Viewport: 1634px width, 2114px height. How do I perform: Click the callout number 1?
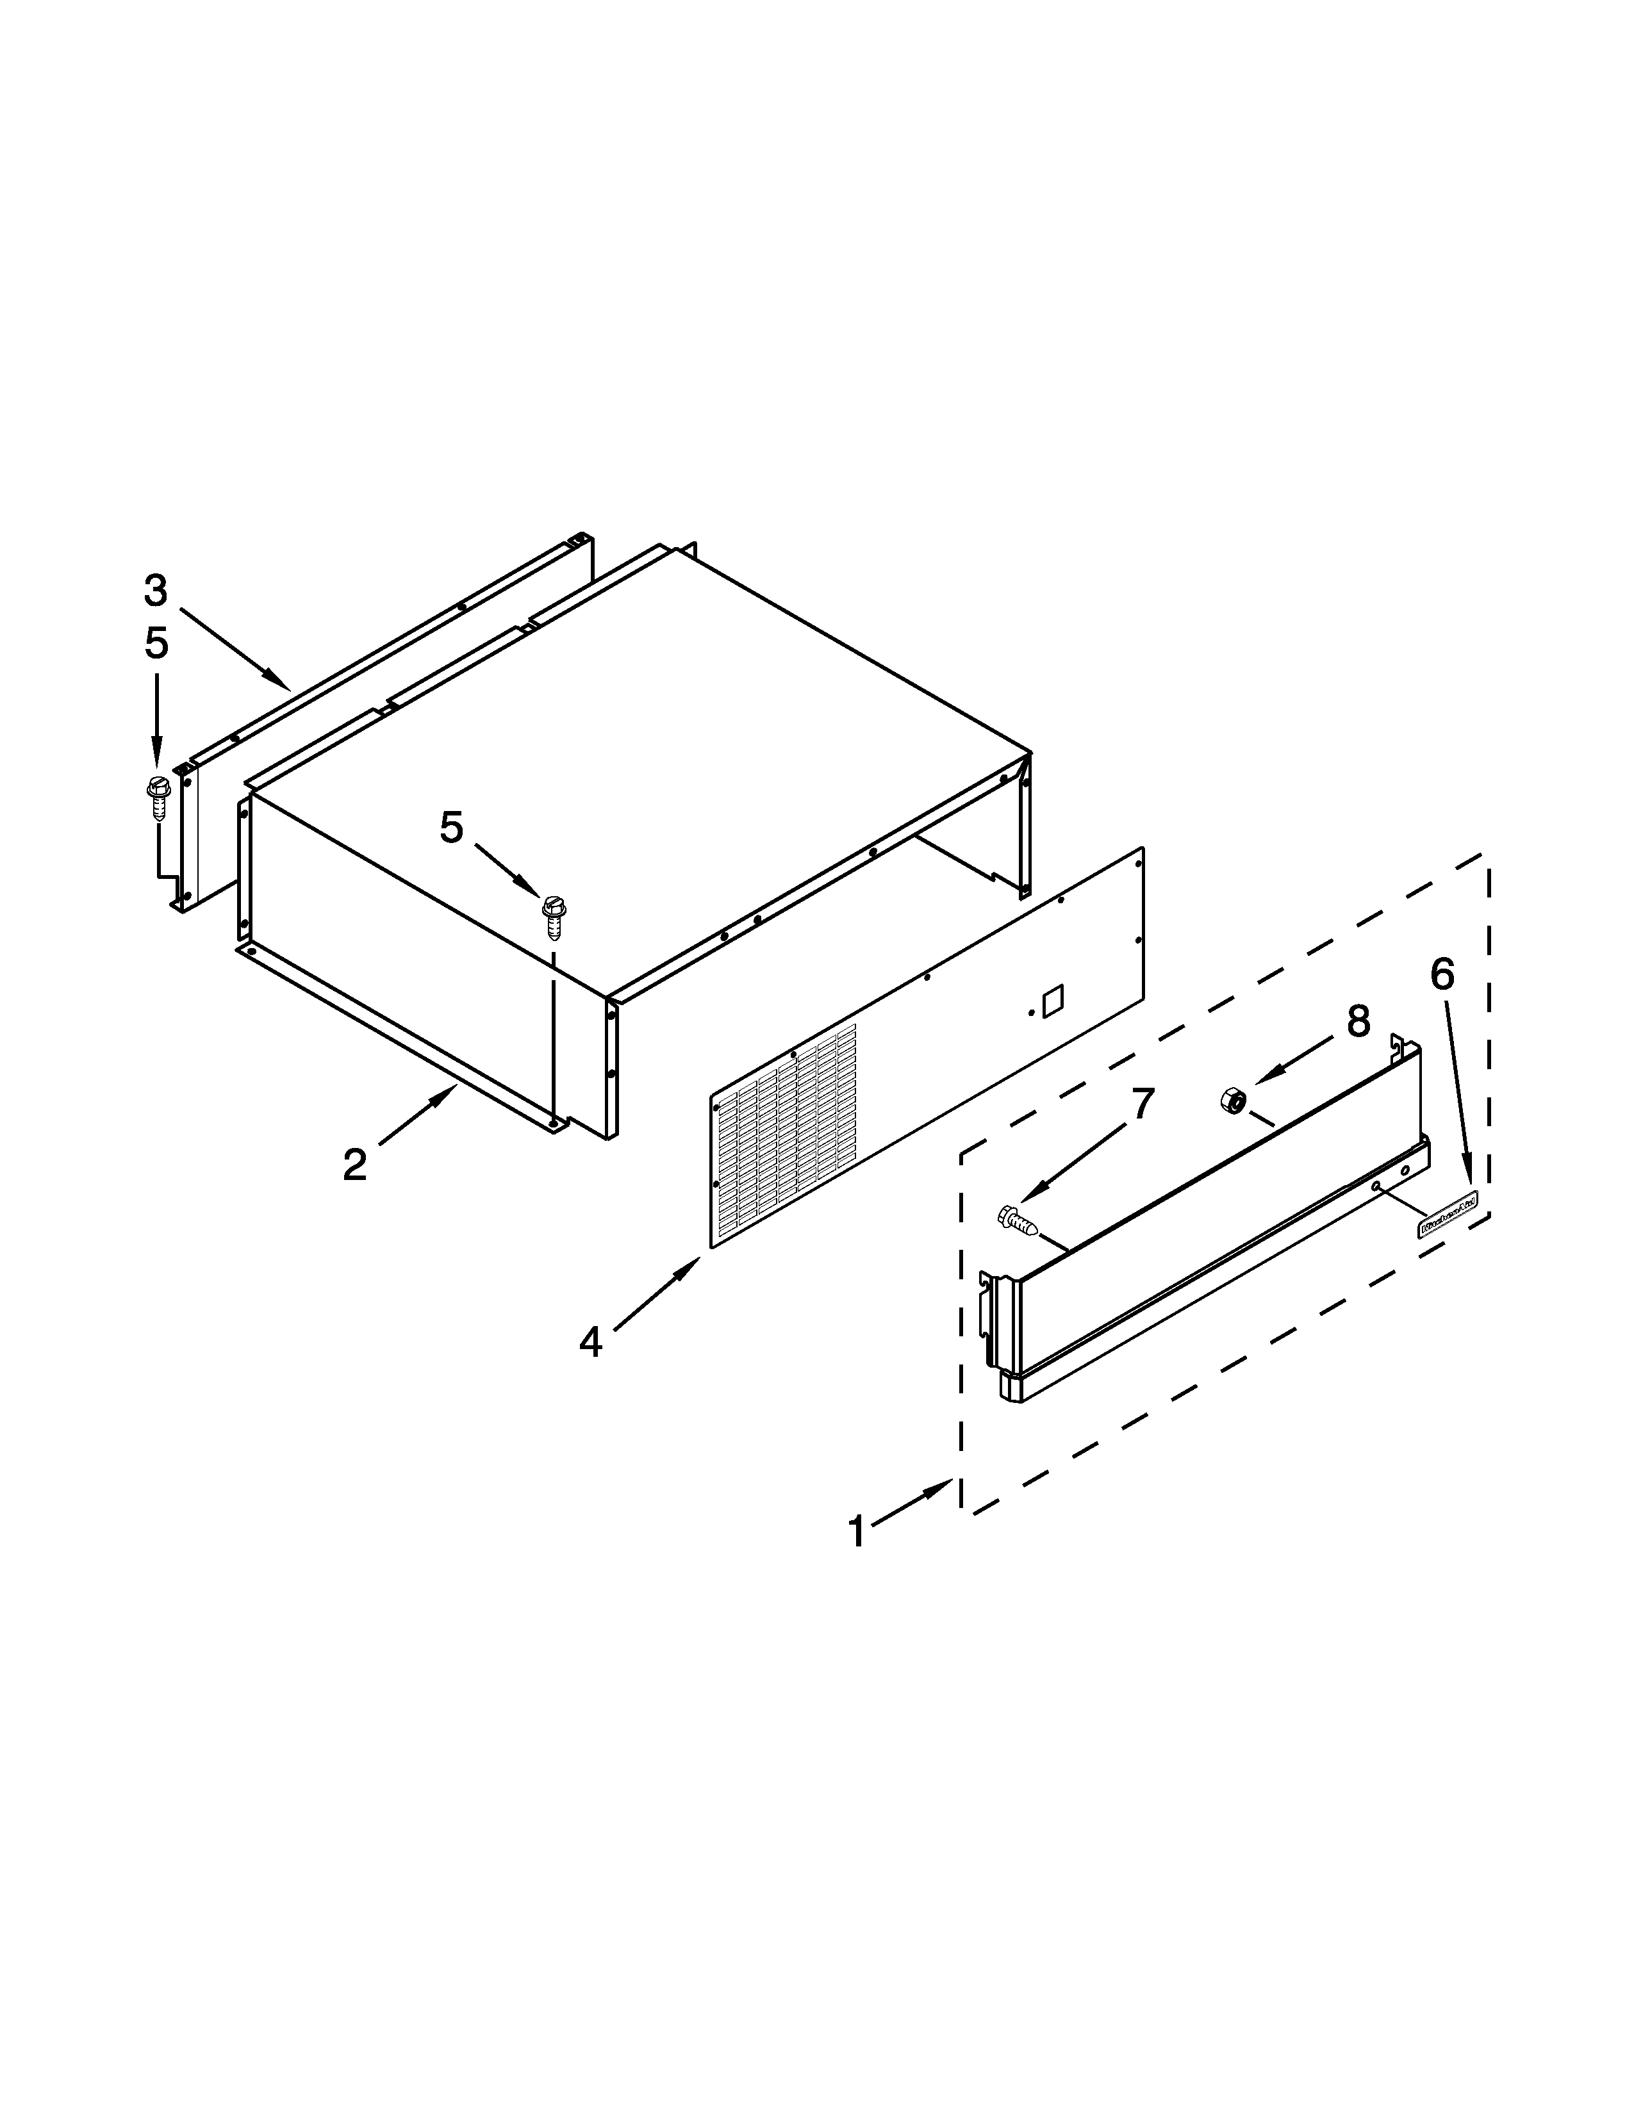[855, 1532]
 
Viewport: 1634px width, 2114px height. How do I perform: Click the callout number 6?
[1441, 975]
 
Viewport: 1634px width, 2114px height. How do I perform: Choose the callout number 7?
[1143, 1104]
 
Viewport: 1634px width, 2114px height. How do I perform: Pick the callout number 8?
[1358, 1020]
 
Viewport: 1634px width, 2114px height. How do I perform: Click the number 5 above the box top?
[451, 828]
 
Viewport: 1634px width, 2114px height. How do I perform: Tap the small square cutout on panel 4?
[1050, 1000]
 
